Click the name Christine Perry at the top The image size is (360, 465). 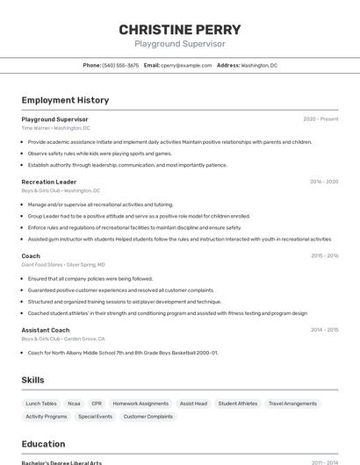tap(180, 30)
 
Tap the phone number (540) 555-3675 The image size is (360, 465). tap(120, 65)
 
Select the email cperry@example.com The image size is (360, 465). tap(186, 65)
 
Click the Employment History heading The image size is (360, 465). tap(65, 100)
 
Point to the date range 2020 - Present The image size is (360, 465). tap(320, 119)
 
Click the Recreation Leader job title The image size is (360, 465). tap(49, 182)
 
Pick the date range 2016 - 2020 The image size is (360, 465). tap(324, 182)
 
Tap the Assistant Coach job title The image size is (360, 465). tap(46, 330)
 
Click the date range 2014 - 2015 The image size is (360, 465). tap(324, 330)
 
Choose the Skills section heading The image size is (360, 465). tap(33, 380)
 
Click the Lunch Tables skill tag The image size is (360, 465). tap(41, 404)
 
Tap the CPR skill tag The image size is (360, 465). tap(97, 404)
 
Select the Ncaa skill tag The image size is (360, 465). tap(74, 404)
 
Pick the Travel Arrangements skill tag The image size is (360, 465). tap(293, 404)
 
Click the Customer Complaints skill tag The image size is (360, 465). tap(148, 417)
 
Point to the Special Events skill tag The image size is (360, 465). tap(95, 417)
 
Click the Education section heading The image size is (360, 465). tap(43, 444)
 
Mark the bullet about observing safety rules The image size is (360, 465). tap(100, 154)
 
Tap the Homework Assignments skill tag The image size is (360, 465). tap(140, 404)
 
